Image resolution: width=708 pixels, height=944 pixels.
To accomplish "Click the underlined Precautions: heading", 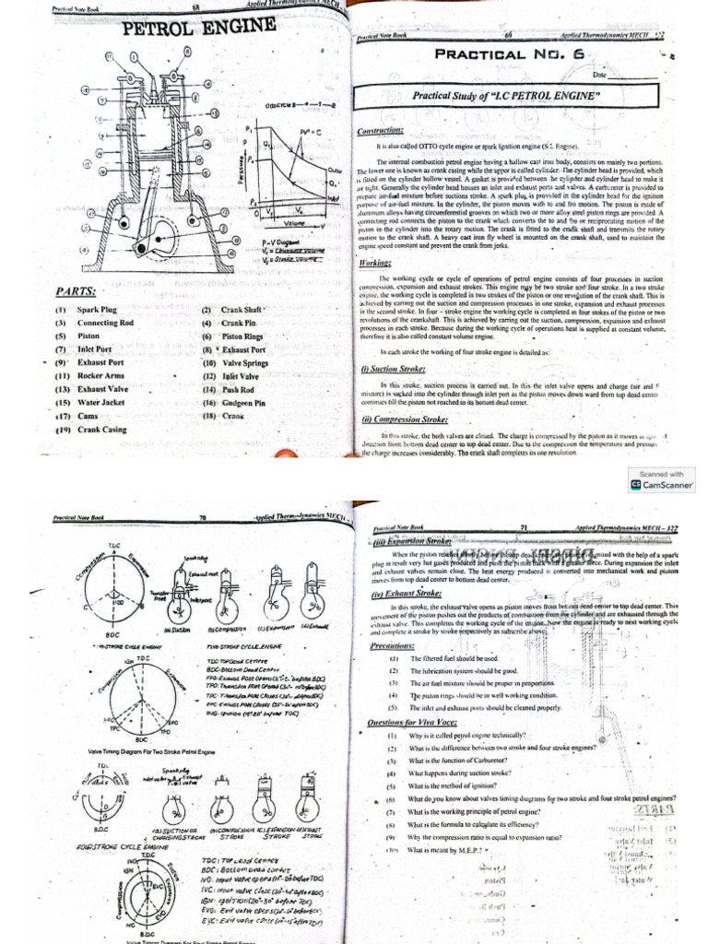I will pos(388,645).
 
